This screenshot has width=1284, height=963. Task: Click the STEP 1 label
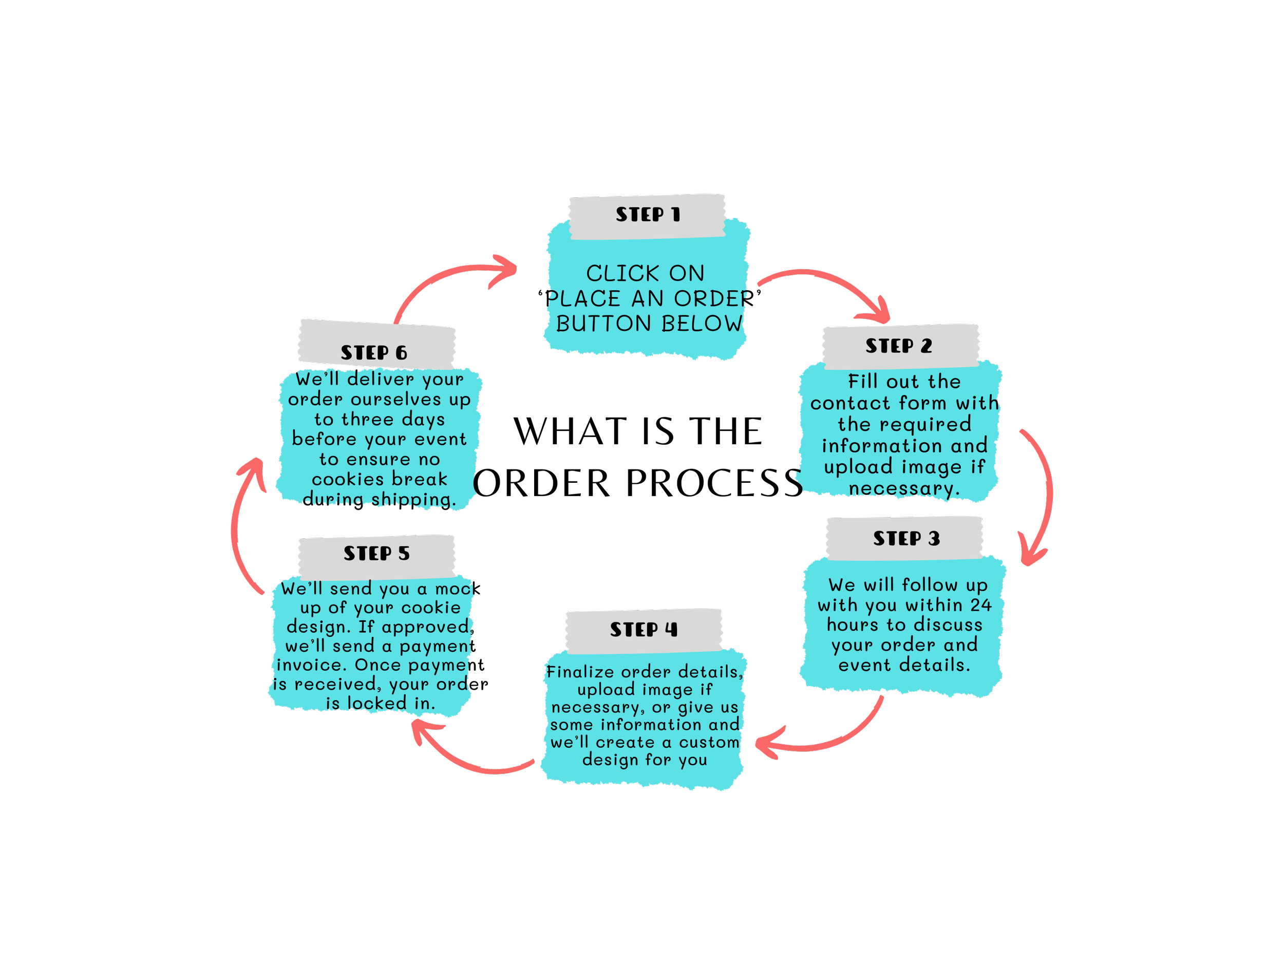pyautogui.click(x=647, y=215)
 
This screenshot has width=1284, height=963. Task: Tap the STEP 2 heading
pyautogui.click(x=899, y=346)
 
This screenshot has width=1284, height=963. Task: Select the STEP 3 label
pyautogui.click(x=906, y=539)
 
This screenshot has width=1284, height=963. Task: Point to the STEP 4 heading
pyautogui.click(x=643, y=630)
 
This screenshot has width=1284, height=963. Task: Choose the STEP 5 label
pyautogui.click(x=376, y=554)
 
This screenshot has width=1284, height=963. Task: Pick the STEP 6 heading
pyautogui.click(x=374, y=353)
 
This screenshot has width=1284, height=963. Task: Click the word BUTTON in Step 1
pyautogui.click(x=603, y=324)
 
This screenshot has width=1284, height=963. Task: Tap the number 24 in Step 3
pyautogui.click(x=981, y=606)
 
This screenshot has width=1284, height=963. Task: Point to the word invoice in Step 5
pyautogui.click(x=311, y=665)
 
